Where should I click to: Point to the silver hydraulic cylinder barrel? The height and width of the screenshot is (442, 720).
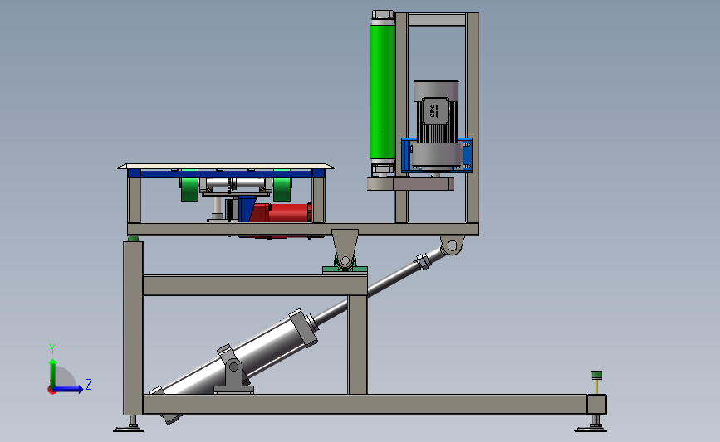coord(249,348)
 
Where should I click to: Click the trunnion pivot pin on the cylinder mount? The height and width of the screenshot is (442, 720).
coord(233,366)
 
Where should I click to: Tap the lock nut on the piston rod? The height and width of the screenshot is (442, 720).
coord(421,263)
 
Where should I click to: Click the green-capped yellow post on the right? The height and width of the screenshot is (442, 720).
coord(595,382)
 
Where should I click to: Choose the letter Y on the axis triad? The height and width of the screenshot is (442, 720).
coord(51,348)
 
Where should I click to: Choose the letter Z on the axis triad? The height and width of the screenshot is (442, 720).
coord(88,384)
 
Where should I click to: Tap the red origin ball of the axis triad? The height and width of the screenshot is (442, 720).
coord(52,390)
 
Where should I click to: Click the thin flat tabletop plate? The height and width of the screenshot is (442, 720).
coord(225,166)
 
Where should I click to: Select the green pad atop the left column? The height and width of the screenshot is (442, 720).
coord(133,240)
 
